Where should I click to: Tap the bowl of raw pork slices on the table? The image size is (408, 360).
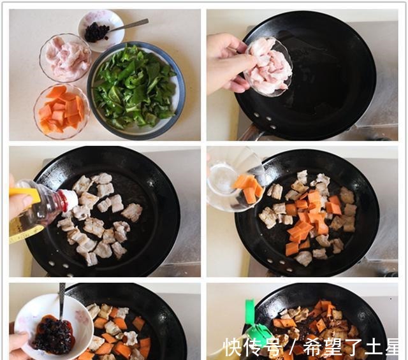tap(65, 57)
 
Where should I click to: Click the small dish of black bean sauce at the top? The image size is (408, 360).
tap(99, 30)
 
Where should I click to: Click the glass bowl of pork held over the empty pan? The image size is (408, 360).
tap(269, 66)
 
